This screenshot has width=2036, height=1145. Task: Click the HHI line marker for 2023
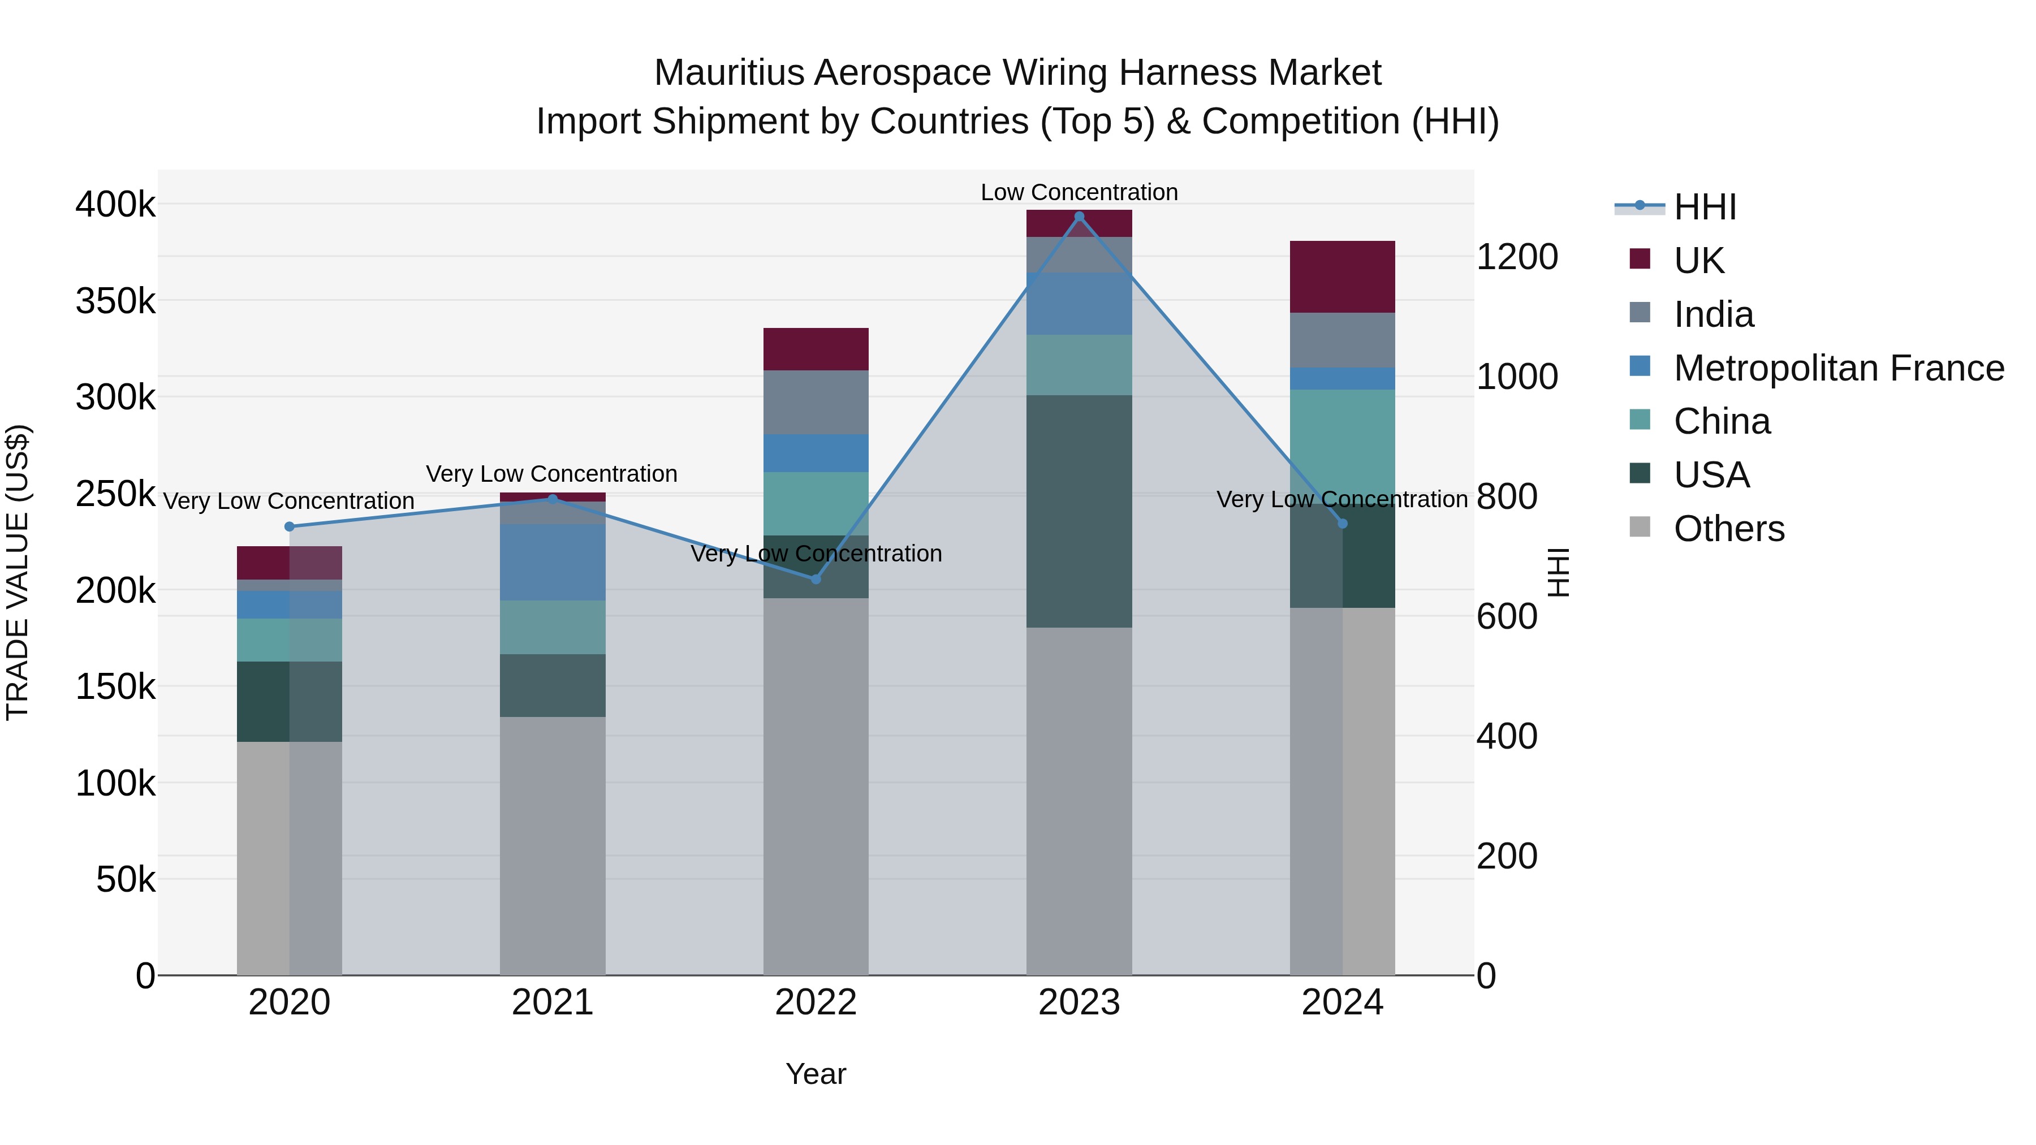click(x=1079, y=217)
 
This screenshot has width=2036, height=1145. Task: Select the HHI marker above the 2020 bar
click(x=289, y=527)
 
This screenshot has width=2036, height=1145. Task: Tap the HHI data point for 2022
click(x=816, y=579)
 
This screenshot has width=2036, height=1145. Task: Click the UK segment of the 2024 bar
click(x=1342, y=276)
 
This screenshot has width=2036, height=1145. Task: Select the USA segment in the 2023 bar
click(x=1079, y=511)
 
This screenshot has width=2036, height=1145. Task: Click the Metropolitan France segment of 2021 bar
click(x=553, y=562)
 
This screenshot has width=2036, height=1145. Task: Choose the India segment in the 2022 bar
click(x=816, y=402)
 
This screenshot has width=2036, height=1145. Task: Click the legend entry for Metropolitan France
click(x=1839, y=368)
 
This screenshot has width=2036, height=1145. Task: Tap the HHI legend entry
click(x=1705, y=207)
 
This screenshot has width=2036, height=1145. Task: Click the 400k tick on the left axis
click(x=115, y=205)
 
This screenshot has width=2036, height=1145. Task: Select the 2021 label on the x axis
click(x=553, y=1003)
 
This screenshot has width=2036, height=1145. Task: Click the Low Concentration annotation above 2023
click(x=1079, y=192)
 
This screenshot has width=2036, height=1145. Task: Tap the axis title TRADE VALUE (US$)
click(x=18, y=572)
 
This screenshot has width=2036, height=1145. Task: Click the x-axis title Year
click(x=816, y=1074)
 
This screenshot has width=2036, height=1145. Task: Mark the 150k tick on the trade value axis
click(x=115, y=686)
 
